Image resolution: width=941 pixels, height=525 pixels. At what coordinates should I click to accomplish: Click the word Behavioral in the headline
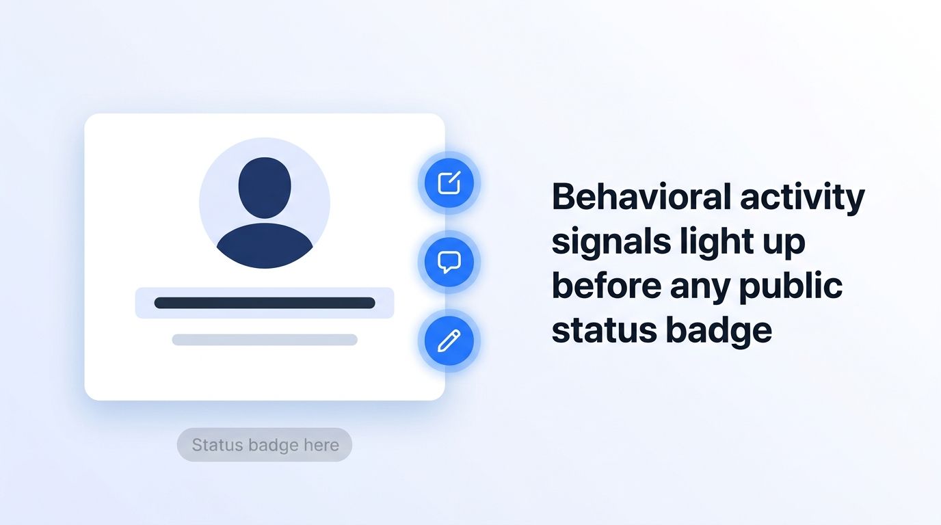click(641, 197)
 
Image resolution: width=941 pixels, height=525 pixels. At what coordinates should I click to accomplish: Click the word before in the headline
click(607, 286)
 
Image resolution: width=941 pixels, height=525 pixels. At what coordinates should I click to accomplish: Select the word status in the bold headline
click(604, 331)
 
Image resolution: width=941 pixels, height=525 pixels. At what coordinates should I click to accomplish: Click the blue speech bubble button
click(449, 262)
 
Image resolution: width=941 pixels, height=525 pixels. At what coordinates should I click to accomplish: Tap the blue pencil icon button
click(449, 340)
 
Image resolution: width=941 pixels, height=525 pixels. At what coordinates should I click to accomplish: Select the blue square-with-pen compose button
click(449, 183)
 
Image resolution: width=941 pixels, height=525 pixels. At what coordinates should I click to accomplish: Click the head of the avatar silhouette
click(265, 188)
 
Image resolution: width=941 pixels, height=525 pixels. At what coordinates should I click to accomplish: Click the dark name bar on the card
click(265, 303)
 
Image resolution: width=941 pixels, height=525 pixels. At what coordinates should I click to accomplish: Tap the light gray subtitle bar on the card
click(265, 340)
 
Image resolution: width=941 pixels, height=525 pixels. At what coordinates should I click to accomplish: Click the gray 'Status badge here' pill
click(265, 445)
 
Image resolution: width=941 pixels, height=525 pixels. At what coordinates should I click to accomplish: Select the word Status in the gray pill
click(217, 445)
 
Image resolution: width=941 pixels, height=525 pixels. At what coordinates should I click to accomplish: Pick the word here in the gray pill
click(321, 445)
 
